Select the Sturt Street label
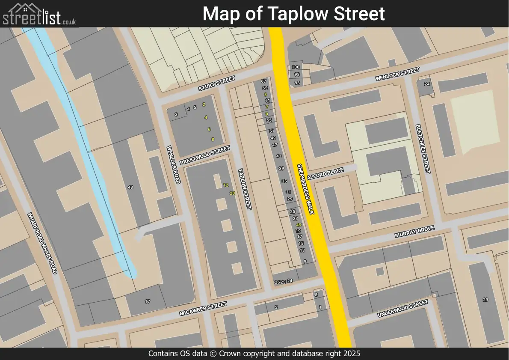click(216, 83)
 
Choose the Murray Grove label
click(414, 232)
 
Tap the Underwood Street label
click(402, 309)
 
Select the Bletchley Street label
click(422, 149)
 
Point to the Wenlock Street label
click(397, 74)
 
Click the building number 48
click(130, 187)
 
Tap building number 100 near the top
click(296, 67)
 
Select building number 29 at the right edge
click(485, 300)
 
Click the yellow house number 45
click(299, 225)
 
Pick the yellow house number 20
click(232, 193)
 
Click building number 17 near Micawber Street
click(148, 302)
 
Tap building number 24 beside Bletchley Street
click(426, 84)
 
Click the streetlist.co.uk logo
click(39, 15)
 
